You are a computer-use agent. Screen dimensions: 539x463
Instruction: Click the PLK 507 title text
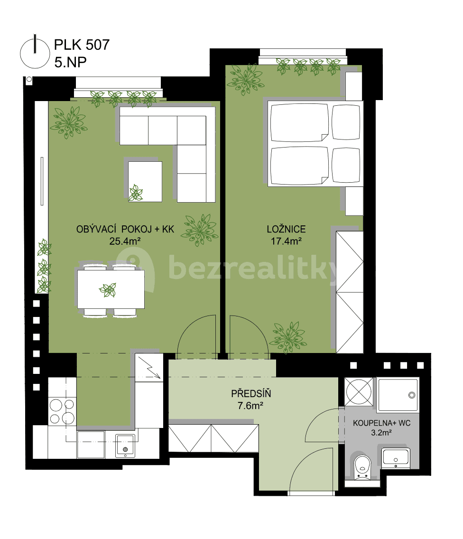82,45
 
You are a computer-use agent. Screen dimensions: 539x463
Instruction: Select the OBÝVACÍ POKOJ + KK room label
125,229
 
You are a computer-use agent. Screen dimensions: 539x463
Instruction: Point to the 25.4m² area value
124,241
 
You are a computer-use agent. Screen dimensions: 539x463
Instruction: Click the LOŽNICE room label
286,229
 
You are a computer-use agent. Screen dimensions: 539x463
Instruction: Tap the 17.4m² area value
286,241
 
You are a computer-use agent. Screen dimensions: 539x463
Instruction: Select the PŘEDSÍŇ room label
251,393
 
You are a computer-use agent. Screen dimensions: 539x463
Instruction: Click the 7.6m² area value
251,406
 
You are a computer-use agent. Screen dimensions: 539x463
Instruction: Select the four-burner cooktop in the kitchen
62,411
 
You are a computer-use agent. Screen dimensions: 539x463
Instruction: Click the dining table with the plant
111,289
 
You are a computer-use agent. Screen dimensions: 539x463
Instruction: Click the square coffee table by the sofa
145,181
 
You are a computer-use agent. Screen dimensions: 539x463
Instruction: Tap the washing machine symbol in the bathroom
359,390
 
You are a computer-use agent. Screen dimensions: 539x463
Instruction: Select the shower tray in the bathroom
398,395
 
